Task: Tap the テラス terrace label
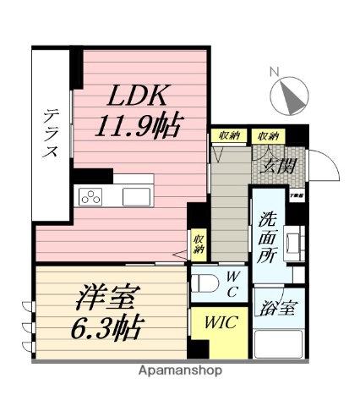coord(52,133)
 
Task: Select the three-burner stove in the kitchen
coord(90,197)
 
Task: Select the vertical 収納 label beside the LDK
coord(199,244)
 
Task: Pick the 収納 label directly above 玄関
coord(269,135)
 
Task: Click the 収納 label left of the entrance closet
coord(228,135)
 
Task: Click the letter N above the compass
coord(272,73)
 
